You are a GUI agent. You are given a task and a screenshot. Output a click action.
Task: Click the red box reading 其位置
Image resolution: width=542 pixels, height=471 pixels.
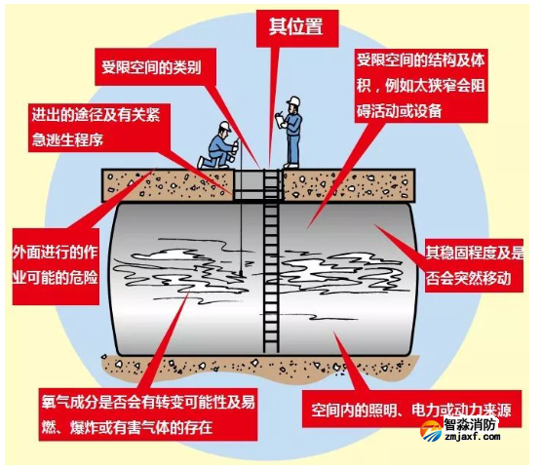click(x=297, y=28)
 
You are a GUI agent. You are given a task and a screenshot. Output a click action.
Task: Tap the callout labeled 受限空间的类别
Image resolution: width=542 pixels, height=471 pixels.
click(x=156, y=67)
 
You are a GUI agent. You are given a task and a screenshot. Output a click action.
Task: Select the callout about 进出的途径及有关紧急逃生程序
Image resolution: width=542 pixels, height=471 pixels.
click(x=99, y=128)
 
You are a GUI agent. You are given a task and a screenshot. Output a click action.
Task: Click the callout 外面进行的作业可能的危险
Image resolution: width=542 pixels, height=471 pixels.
click(x=56, y=266)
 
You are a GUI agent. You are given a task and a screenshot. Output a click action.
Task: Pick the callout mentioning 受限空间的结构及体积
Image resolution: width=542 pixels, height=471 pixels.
click(x=421, y=86)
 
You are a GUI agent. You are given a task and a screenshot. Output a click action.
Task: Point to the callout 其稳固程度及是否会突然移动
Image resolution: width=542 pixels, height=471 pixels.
click(x=474, y=265)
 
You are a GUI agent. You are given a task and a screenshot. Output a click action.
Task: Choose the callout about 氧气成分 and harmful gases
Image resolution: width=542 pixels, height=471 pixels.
click(x=148, y=414)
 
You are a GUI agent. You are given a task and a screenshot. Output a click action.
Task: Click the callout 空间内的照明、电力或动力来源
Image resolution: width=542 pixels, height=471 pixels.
click(x=411, y=410)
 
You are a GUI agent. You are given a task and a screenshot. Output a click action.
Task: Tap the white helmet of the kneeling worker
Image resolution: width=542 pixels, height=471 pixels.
click(x=225, y=126)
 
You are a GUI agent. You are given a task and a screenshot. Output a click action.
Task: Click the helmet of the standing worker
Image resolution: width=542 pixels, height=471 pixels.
click(x=293, y=101)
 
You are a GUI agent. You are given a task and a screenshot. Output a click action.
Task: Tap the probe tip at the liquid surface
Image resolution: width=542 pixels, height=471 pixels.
click(x=240, y=275)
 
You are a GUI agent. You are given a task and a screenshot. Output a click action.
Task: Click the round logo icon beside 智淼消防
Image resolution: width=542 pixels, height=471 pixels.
click(x=431, y=432)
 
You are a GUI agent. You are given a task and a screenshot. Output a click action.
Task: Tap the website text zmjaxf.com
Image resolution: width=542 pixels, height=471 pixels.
click(x=473, y=437)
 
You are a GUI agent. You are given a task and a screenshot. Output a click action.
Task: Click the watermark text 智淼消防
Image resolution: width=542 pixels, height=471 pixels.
click(x=470, y=424)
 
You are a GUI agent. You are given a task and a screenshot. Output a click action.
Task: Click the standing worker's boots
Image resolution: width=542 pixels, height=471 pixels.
click(x=291, y=166)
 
